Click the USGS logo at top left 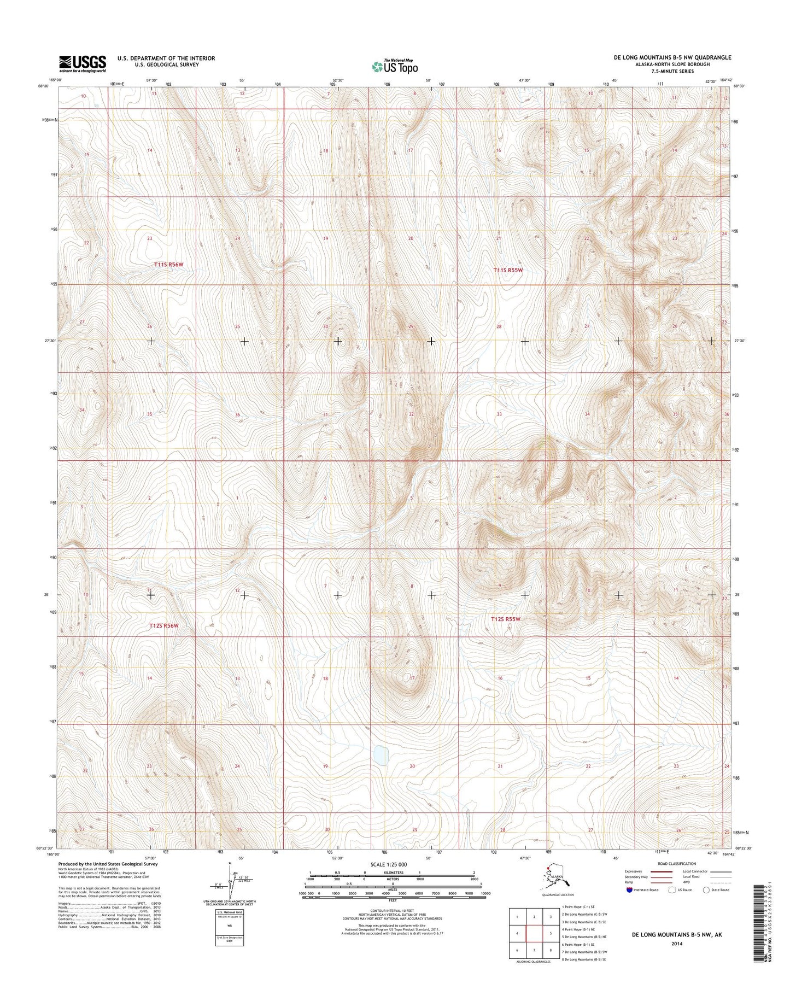tap(83, 63)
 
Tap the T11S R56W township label tap(168, 264)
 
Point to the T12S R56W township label tap(164, 625)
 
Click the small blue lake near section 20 tap(381, 756)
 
